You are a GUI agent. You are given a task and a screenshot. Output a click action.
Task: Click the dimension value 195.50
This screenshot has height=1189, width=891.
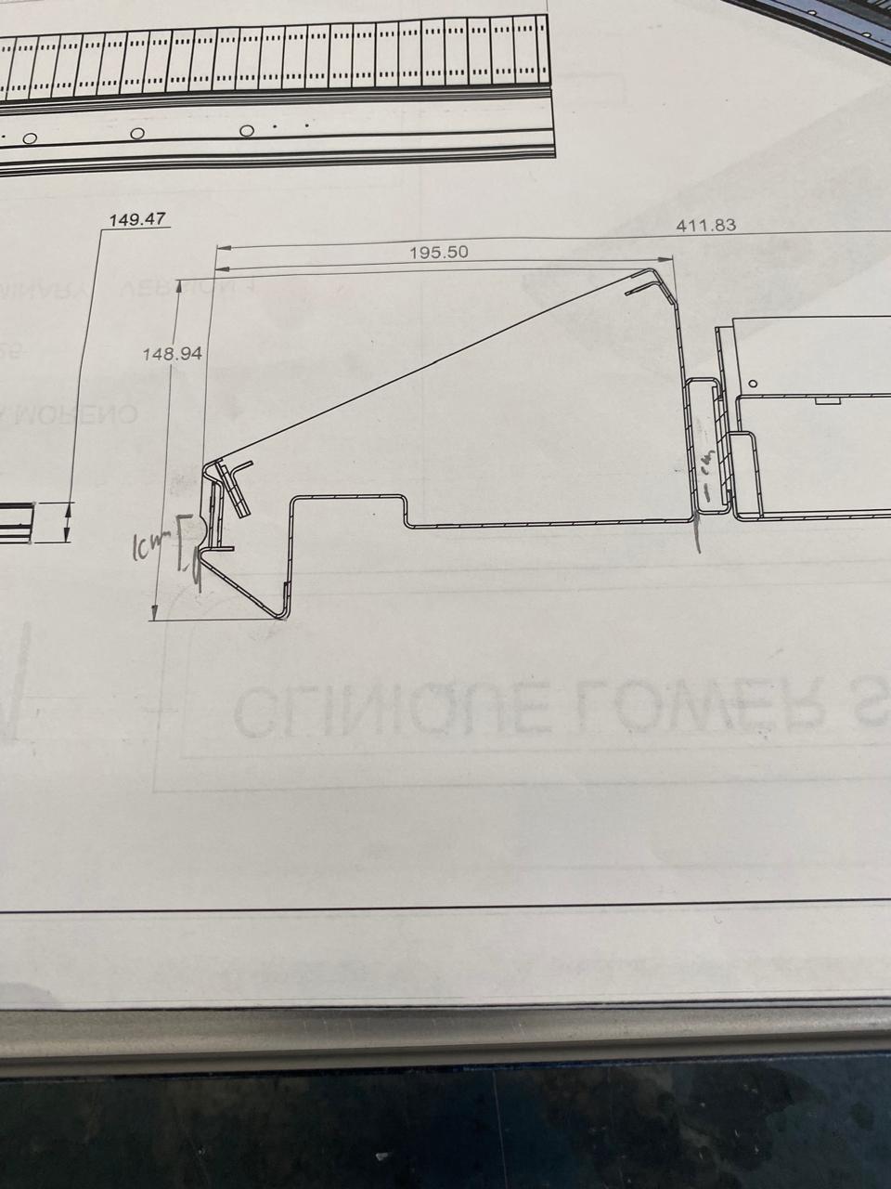click(x=438, y=252)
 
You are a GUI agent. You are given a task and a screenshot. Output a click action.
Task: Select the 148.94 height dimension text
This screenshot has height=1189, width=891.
click(x=173, y=354)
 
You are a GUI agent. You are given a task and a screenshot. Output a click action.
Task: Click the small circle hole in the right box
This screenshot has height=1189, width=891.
click(x=753, y=383)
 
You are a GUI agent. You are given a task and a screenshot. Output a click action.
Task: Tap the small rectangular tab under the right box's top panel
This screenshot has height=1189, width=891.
click(x=825, y=402)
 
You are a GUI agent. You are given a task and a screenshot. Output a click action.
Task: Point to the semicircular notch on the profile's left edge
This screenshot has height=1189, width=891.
click(x=202, y=530)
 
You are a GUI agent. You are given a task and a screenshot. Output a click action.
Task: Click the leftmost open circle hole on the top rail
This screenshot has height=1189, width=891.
click(x=30, y=139)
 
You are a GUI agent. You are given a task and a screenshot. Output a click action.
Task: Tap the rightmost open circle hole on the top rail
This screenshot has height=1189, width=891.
click(x=246, y=131)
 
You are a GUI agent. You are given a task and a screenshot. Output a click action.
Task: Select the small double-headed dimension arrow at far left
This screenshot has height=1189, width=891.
click(x=67, y=522)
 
